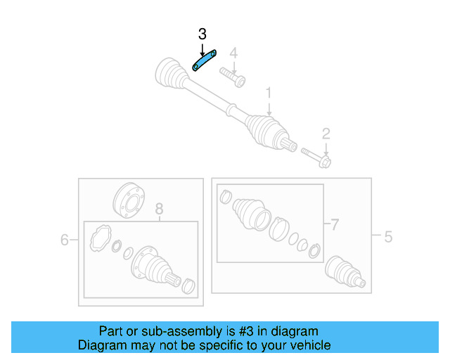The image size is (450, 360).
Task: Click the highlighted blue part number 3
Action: tap(204, 61)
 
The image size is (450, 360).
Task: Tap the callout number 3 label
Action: tap(202, 34)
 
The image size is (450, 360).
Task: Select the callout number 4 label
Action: tap(233, 53)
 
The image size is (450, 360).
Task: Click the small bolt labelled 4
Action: tap(232, 76)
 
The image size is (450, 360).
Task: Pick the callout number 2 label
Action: tap(326, 134)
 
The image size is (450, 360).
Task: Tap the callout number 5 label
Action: tap(388, 237)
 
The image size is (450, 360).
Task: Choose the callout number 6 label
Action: tap(64, 240)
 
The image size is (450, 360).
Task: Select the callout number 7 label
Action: tap(335, 225)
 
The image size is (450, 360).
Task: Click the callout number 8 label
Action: tap(159, 209)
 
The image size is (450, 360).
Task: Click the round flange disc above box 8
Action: tap(126, 198)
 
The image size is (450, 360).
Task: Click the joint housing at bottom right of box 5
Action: tap(345, 272)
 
